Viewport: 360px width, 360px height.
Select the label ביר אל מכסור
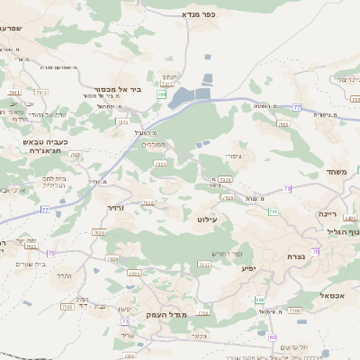[x=114, y=89]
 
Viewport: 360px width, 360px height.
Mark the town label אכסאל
[x=329, y=295]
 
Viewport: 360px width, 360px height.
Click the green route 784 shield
[x=161, y=94]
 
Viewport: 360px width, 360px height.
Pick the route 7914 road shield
[x=41, y=92]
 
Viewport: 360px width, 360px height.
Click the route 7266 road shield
[x=295, y=310]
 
